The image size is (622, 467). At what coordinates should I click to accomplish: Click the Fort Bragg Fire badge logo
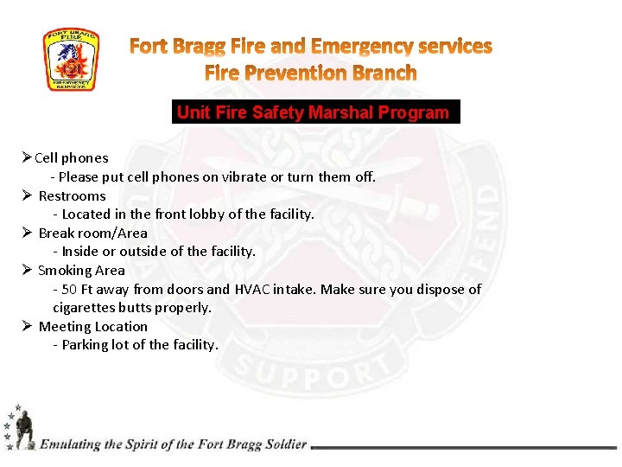72,61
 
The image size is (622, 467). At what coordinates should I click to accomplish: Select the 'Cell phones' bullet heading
72,158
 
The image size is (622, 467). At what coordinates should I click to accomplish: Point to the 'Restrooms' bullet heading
73,196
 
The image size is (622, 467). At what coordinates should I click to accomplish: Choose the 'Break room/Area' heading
93,233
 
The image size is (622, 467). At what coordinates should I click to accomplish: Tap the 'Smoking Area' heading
81,271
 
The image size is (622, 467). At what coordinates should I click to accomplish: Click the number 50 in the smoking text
71,290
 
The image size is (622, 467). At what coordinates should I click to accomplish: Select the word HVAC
252,290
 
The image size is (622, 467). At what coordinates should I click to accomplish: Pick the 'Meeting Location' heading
93,327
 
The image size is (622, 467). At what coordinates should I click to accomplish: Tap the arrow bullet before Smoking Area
28,271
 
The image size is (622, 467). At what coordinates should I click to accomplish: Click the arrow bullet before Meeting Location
28,327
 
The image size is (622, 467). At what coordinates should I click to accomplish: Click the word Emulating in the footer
70,445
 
